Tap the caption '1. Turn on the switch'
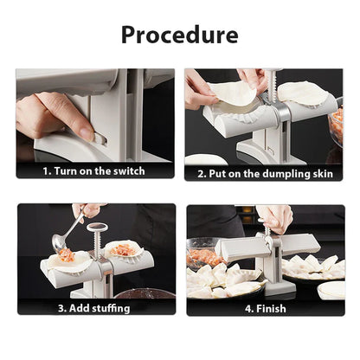[95, 171]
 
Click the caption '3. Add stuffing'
[95, 307]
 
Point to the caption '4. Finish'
[262, 307]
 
